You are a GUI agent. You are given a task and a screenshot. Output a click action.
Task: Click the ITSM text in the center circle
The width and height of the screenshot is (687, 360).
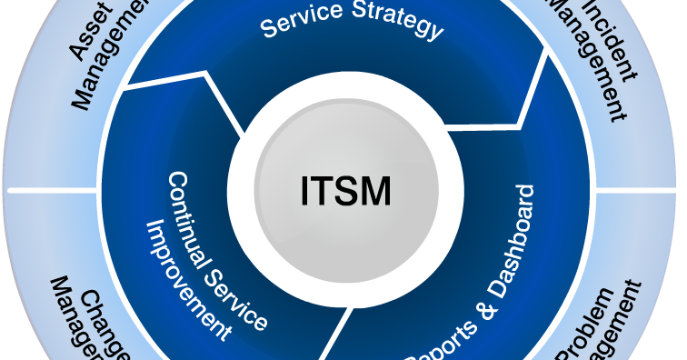coord(345,192)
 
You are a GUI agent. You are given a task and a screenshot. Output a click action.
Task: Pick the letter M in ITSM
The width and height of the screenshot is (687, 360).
coord(375,192)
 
